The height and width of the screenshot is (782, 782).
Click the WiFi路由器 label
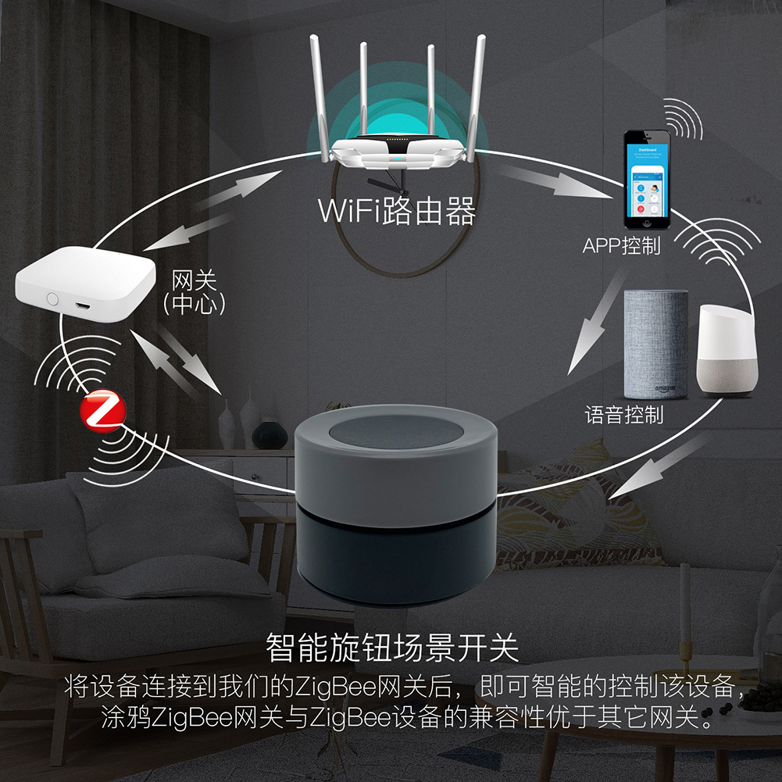pyautogui.click(x=397, y=210)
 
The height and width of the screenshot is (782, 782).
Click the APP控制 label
pyautogui.click(x=622, y=246)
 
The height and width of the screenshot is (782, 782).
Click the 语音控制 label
pyautogui.click(x=624, y=414)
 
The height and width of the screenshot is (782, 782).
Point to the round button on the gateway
pyautogui.click(x=52, y=298)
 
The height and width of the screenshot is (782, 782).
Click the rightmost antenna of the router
pyautogui.click(x=478, y=90)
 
